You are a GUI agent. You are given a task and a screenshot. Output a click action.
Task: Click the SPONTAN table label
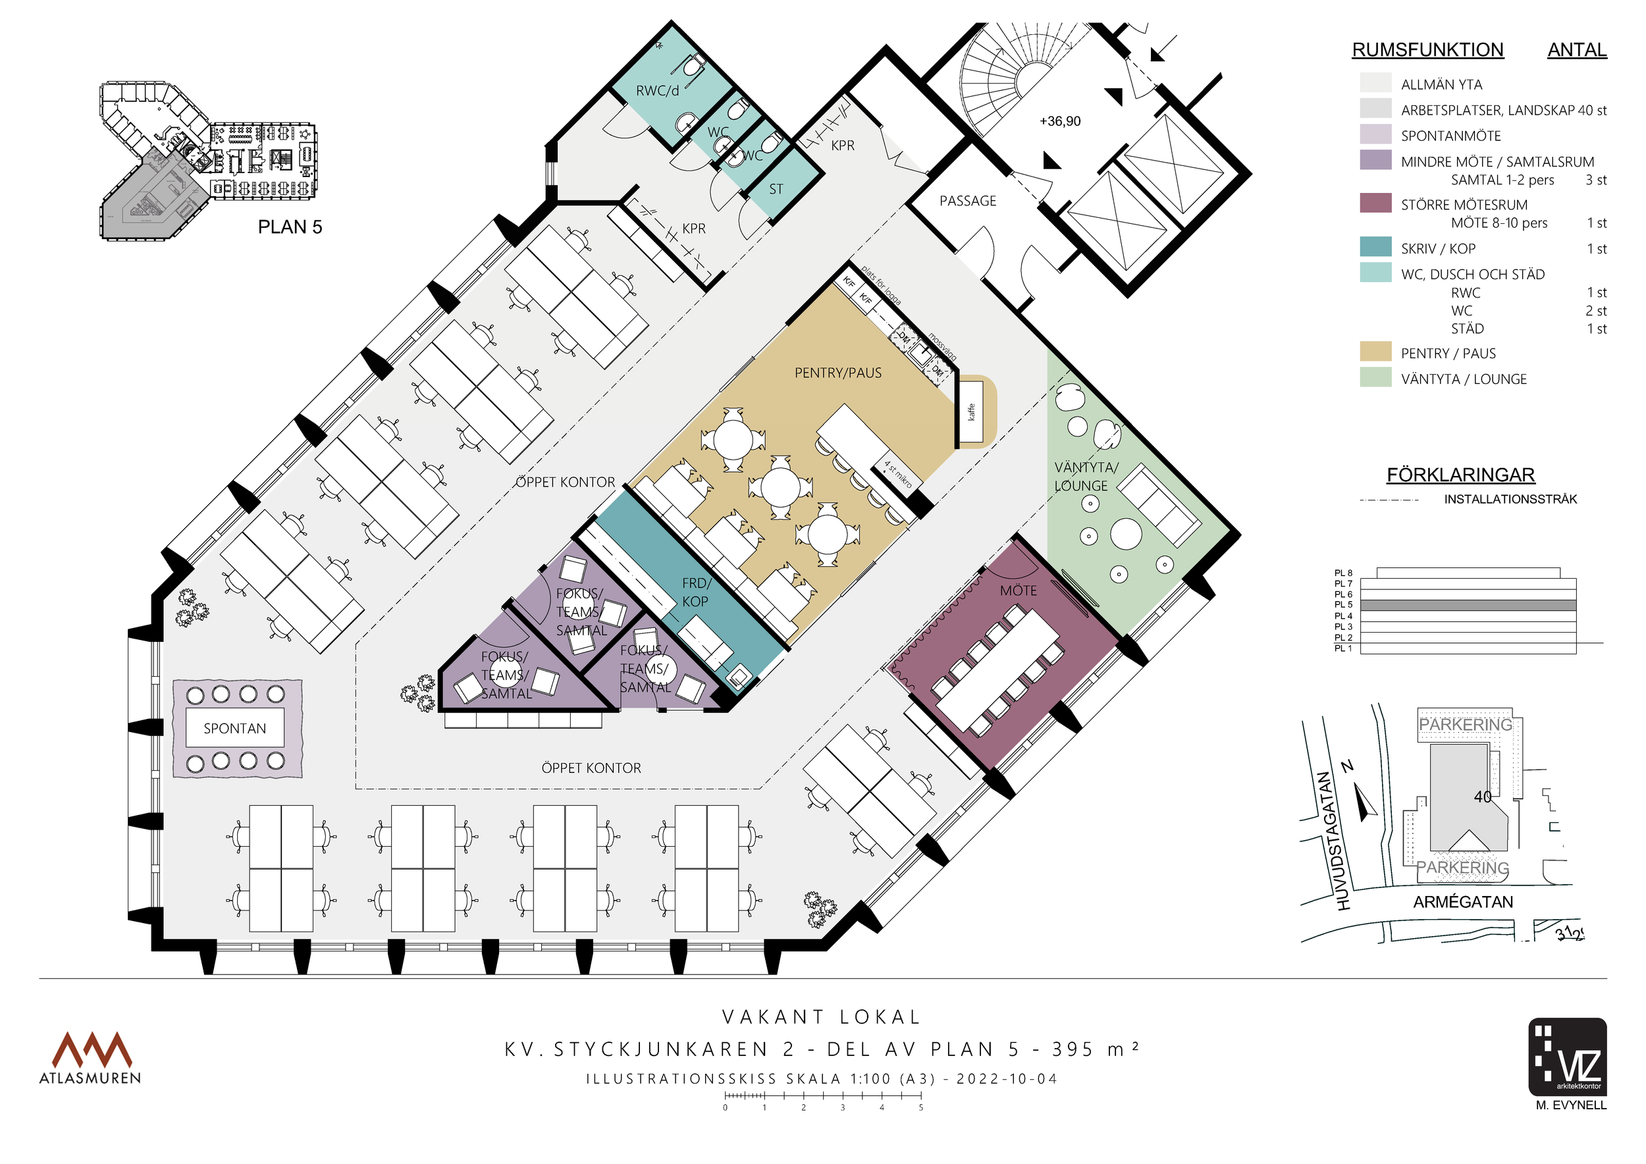click(234, 728)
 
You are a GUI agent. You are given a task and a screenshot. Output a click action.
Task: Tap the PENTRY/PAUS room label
click(838, 373)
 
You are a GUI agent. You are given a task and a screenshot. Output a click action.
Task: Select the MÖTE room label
click(1018, 591)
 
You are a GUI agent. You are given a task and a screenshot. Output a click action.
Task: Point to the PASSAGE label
click(968, 201)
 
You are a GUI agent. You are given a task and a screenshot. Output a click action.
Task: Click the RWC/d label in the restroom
click(656, 91)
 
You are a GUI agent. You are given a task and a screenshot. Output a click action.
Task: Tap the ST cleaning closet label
click(776, 189)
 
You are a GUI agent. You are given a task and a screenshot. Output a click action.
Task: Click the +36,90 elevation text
click(1059, 121)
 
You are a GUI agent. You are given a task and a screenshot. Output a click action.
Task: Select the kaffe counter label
click(972, 411)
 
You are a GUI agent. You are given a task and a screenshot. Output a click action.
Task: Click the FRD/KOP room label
click(696, 592)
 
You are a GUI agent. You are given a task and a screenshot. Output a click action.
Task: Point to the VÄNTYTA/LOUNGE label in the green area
click(1086, 476)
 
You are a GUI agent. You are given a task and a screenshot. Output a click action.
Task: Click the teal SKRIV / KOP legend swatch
click(1375, 247)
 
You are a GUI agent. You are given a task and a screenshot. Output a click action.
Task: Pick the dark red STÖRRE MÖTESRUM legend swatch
click(1375, 203)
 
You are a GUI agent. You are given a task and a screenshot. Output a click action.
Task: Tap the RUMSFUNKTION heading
click(1427, 49)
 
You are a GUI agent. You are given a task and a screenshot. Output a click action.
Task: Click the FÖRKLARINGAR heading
click(1460, 475)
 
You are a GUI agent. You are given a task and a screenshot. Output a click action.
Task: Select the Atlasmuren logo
click(90, 1057)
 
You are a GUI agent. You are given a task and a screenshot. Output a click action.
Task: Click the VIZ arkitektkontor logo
click(1567, 1057)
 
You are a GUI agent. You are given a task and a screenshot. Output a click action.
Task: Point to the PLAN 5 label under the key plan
click(290, 227)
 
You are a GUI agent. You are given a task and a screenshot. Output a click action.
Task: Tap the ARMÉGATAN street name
click(1462, 902)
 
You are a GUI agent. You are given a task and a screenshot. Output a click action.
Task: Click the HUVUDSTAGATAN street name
click(1334, 841)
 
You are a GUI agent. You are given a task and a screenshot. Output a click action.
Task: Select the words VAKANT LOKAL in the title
click(821, 1017)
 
